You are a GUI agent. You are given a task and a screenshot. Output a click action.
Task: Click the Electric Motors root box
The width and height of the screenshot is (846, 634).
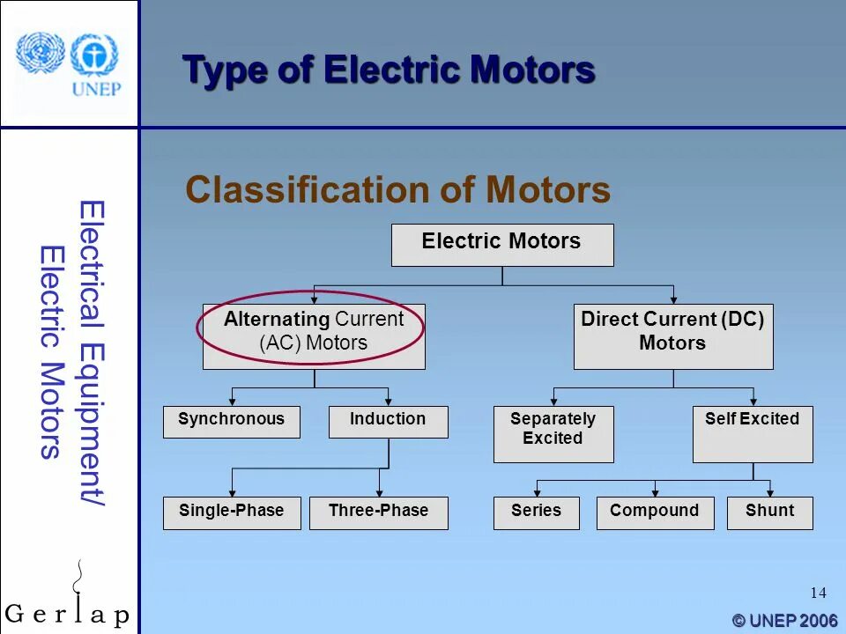(501, 245)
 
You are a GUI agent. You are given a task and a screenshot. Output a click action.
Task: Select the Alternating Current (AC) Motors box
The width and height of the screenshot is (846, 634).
(314, 335)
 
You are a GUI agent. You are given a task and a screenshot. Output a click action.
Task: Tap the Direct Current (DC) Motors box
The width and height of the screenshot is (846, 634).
(672, 335)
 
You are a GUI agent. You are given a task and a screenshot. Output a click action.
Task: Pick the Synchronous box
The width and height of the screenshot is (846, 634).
(231, 422)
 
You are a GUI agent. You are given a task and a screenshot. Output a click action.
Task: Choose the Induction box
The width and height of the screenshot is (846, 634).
(388, 422)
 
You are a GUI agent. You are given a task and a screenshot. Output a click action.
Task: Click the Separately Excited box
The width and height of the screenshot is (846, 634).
(553, 433)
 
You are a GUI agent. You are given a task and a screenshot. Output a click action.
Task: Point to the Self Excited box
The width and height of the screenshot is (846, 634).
(752, 433)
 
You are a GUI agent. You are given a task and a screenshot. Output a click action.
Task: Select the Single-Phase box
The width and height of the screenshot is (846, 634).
(231, 512)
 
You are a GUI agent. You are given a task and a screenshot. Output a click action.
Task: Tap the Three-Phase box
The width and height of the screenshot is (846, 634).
(378, 512)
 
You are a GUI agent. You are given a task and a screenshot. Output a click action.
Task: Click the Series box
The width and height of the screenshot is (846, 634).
(536, 512)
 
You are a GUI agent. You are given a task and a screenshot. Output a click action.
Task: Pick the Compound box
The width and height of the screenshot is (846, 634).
(654, 512)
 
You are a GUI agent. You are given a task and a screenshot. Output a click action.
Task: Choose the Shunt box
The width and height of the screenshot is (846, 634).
(769, 512)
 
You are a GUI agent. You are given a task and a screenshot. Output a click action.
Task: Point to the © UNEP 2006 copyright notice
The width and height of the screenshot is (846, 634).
(783, 621)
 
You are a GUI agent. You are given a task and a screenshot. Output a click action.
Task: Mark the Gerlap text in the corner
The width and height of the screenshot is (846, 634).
(67, 614)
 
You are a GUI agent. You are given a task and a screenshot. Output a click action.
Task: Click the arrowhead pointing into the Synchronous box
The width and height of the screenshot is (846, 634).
(232, 402)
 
